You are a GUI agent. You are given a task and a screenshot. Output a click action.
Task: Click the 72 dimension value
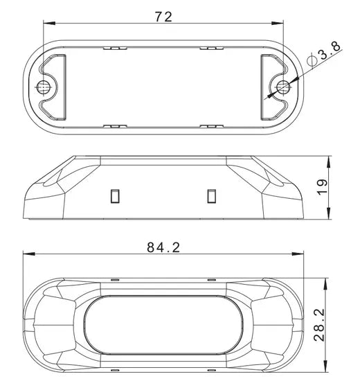[163, 17]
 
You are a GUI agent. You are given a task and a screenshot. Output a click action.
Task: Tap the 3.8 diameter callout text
[330, 52]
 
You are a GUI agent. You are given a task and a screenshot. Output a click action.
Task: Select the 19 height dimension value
[323, 188]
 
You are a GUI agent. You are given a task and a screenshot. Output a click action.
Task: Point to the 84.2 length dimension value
[163, 247]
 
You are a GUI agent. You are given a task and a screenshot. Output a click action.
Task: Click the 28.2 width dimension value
[319, 325]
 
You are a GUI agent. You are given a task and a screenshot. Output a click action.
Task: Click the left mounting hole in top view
[43, 87]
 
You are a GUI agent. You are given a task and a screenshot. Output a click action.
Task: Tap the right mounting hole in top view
[283, 87]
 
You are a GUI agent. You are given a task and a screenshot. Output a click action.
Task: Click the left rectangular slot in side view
[115, 196]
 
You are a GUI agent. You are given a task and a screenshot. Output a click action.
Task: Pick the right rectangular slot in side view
[212, 196]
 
